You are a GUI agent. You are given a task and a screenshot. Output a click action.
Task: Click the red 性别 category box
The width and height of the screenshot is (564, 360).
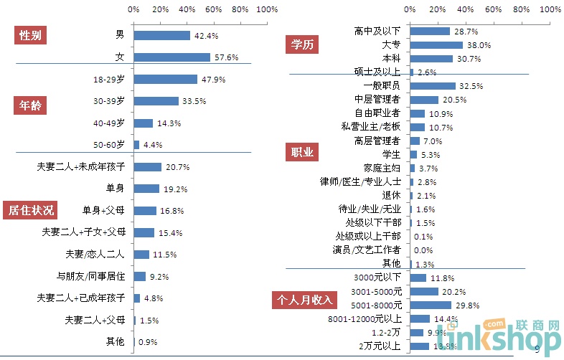click(x=30, y=36)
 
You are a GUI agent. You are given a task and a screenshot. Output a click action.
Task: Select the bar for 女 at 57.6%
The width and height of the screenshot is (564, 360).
click(x=172, y=57)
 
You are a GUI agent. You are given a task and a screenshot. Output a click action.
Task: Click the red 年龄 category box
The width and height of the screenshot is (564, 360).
click(x=30, y=105)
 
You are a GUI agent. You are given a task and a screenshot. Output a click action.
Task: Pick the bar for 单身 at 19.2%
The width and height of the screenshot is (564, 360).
click(x=146, y=189)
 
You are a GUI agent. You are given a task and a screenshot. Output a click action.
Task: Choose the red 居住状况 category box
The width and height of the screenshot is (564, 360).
click(x=30, y=210)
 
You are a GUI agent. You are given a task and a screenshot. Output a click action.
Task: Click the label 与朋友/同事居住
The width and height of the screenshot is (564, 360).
click(x=91, y=276)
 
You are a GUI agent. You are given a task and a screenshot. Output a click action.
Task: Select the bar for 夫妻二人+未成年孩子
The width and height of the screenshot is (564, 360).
click(x=147, y=167)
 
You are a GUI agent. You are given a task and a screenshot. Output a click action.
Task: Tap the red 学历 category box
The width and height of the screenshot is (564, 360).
click(x=301, y=44)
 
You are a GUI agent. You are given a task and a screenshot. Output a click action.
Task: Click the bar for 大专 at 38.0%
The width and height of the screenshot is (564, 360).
click(x=436, y=44)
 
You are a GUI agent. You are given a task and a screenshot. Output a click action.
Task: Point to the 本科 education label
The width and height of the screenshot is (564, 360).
click(x=391, y=58)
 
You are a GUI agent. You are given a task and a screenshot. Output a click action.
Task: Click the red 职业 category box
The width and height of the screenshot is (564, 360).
click(x=301, y=153)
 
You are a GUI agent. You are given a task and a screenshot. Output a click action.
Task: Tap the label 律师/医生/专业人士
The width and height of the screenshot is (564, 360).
click(x=361, y=181)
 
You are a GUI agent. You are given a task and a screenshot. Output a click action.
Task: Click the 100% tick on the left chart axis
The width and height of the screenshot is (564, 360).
click(x=267, y=10)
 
